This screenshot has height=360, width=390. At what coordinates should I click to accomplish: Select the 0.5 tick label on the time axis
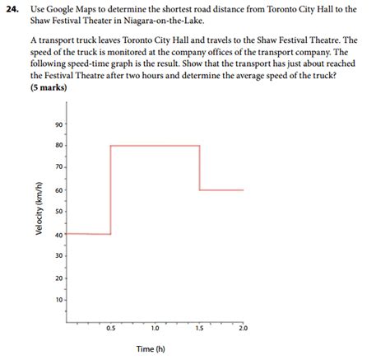[x=110, y=329]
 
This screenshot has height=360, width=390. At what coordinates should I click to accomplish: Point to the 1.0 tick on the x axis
[x=155, y=329]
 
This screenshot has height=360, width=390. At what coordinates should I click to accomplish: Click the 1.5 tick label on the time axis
[x=199, y=329]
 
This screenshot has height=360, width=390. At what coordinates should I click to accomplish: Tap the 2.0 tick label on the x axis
[x=243, y=329]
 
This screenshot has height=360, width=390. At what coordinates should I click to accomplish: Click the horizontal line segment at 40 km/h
[x=88, y=234]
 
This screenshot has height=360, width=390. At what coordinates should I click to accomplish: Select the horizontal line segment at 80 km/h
[x=155, y=146]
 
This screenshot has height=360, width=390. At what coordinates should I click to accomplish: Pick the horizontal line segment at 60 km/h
[x=221, y=189]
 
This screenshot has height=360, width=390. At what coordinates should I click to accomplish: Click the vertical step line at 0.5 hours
[x=110, y=189]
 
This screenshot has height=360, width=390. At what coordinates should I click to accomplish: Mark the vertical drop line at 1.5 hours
[x=199, y=167]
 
